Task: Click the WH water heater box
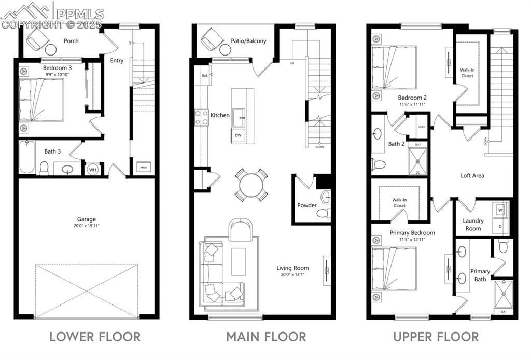pos(93,169)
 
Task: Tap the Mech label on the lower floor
pos(143,168)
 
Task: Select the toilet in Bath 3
pos(44,167)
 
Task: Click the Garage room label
pos(87,219)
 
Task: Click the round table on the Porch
pos(51,50)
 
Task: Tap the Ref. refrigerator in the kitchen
pos(205,76)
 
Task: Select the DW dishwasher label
pos(238,135)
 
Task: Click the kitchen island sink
pos(240,115)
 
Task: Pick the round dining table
pos(251,184)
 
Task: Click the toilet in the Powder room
pos(324,212)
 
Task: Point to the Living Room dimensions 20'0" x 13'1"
pos(293,274)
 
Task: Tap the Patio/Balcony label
pos(249,40)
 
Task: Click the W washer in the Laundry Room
pos(500,211)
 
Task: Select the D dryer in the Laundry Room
pos(500,226)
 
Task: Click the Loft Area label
pos(472,176)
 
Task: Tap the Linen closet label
pos(421,127)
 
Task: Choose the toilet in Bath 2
pos(379,164)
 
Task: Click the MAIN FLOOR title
pos(266,337)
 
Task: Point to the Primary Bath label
pos(480,275)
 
